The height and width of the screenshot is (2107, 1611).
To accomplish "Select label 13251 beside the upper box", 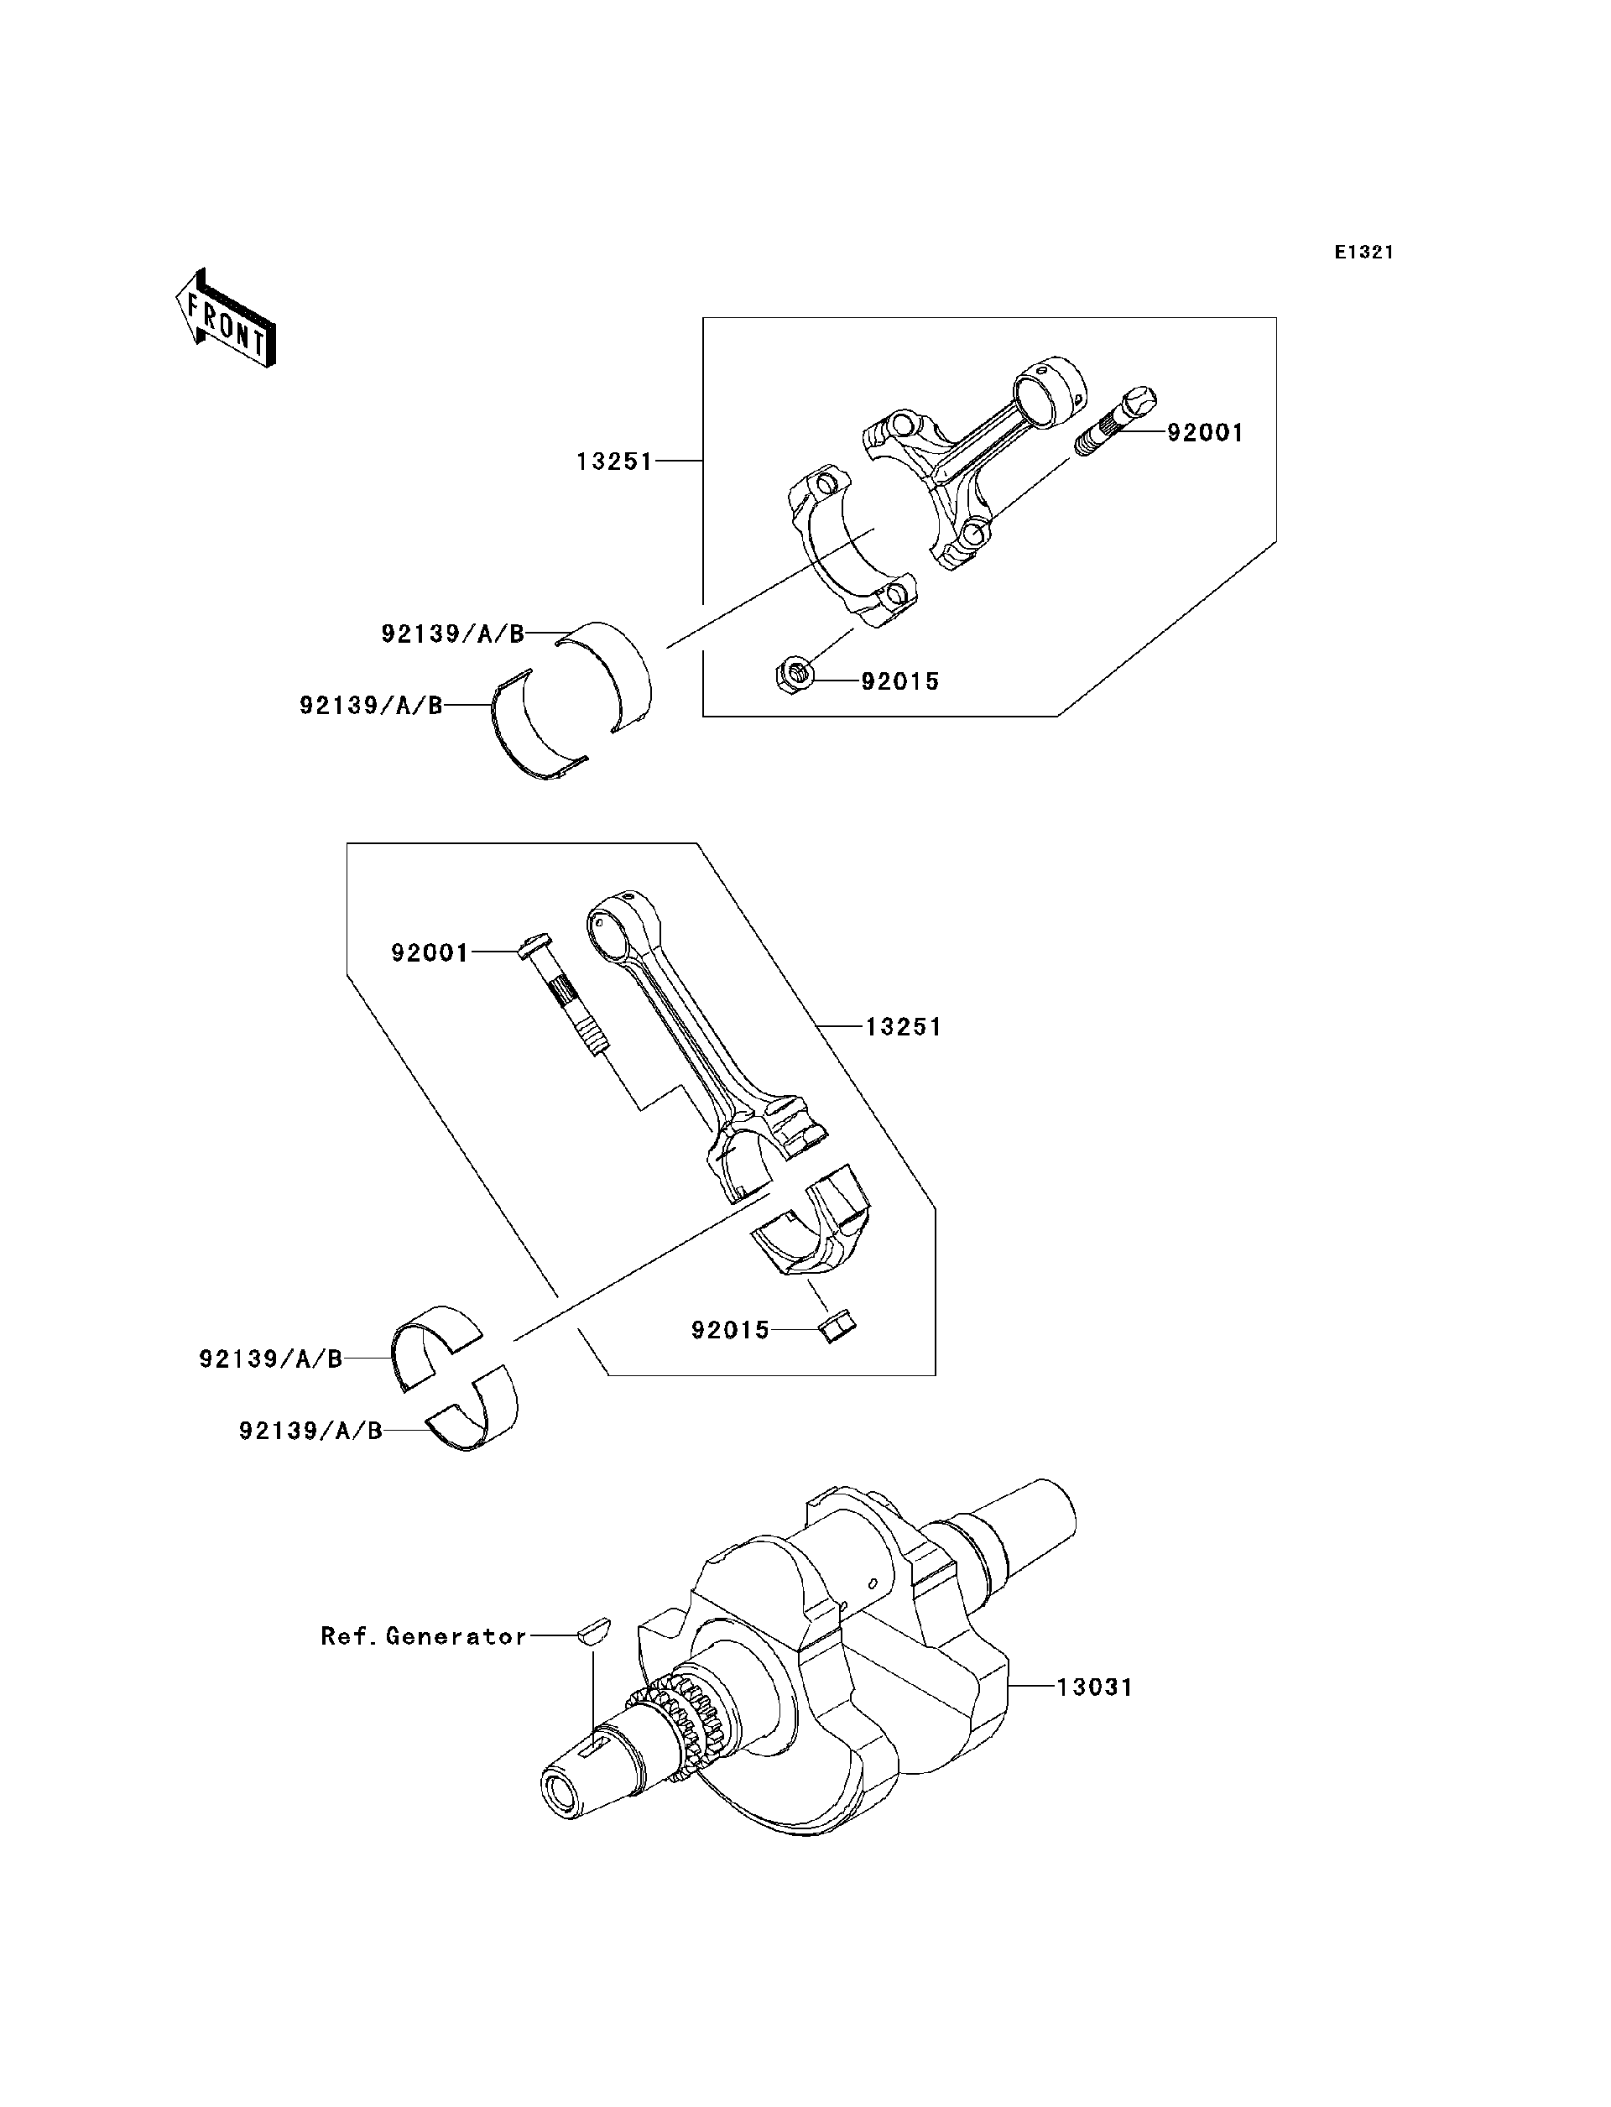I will click(613, 462).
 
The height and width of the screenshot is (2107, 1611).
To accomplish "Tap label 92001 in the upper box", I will click(1204, 434).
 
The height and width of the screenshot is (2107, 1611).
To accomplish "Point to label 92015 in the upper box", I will click(899, 682).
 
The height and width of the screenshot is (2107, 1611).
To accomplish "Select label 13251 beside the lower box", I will click(904, 1027).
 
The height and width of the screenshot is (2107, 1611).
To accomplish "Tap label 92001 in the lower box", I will click(430, 953).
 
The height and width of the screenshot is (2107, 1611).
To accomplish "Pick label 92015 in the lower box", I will click(731, 1330).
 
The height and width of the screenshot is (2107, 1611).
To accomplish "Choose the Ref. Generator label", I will click(424, 1636).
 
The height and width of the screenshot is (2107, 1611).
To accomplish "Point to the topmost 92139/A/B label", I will click(452, 634).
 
